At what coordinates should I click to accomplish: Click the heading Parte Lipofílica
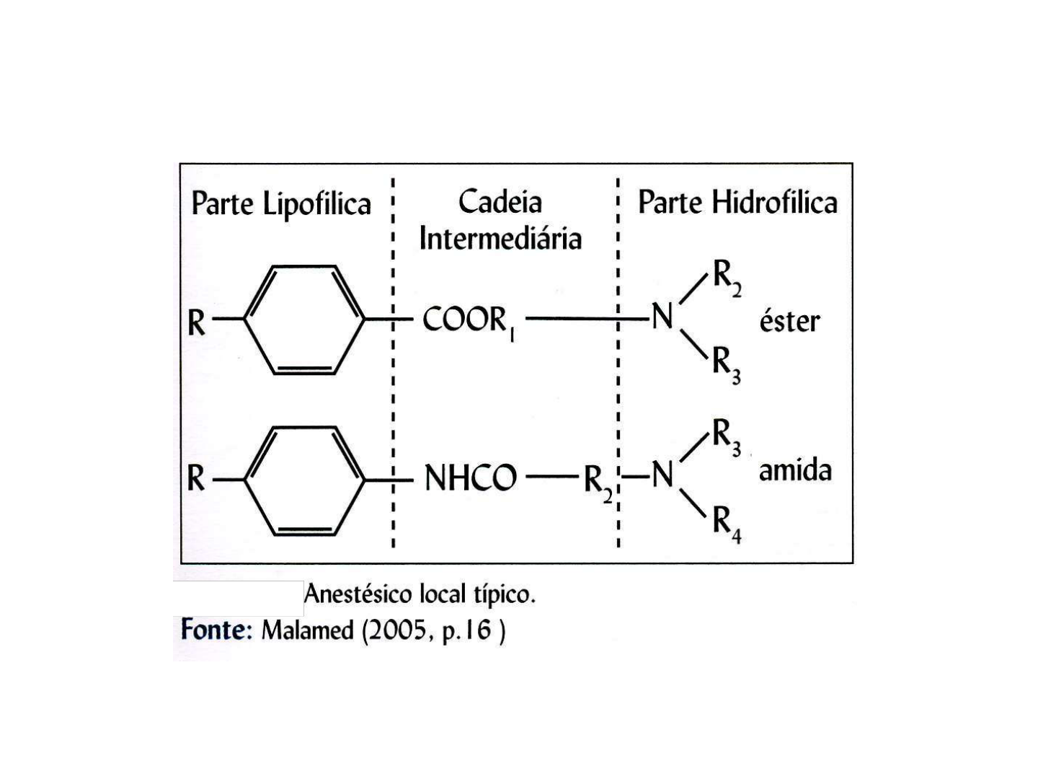pyautogui.click(x=280, y=203)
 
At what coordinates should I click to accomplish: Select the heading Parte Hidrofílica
pyautogui.click(x=737, y=202)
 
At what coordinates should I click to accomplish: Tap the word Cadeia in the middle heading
pyautogui.click(x=500, y=201)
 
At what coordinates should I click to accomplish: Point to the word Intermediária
pyautogui.click(x=500, y=238)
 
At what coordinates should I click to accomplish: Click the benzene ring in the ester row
pyautogui.click(x=304, y=320)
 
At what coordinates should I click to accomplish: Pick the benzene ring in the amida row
pyautogui.click(x=304, y=480)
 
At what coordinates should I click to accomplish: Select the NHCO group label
pyautogui.click(x=470, y=478)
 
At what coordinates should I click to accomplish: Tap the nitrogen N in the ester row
pyautogui.click(x=662, y=317)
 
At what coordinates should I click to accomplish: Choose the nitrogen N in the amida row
pyautogui.click(x=662, y=475)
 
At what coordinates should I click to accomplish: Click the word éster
pyautogui.click(x=789, y=321)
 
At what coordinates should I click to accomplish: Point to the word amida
pyautogui.click(x=795, y=470)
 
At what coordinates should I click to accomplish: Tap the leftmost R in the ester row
pyautogui.click(x=196, y=323)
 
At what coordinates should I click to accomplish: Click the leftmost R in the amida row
pyautogui.click(x=196, y=478)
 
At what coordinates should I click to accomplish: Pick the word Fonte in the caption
pyautogui.click(x=214, y=630)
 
